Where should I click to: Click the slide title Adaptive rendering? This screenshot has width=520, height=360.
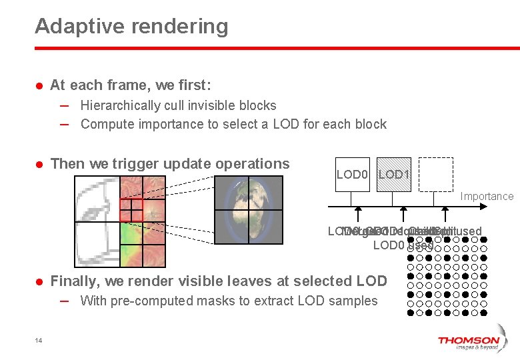pyautogui.click(x=131, y=27)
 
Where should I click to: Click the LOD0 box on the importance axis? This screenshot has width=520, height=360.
pyautogui.click(x=352, y=175)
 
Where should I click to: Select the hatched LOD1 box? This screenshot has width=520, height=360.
pyautogui.click(x=394, y=175)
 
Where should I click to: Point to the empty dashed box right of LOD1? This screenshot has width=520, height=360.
pyautogui.click(x=435, y=175)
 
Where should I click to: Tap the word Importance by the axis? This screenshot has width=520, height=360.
pyautogui.click(x=487, y=196)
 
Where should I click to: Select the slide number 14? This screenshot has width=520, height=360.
pyautogui.click(x=39, y=341)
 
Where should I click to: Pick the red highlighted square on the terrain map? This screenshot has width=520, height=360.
pyautogui.click(x=131, y=210)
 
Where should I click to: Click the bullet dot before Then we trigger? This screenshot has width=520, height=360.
pyautogui.click(x=39, y=165)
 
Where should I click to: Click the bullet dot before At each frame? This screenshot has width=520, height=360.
pyautogui.click(x=39, y=86)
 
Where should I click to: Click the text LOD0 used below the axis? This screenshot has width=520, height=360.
pyautogui.click(x=403, y=245)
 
